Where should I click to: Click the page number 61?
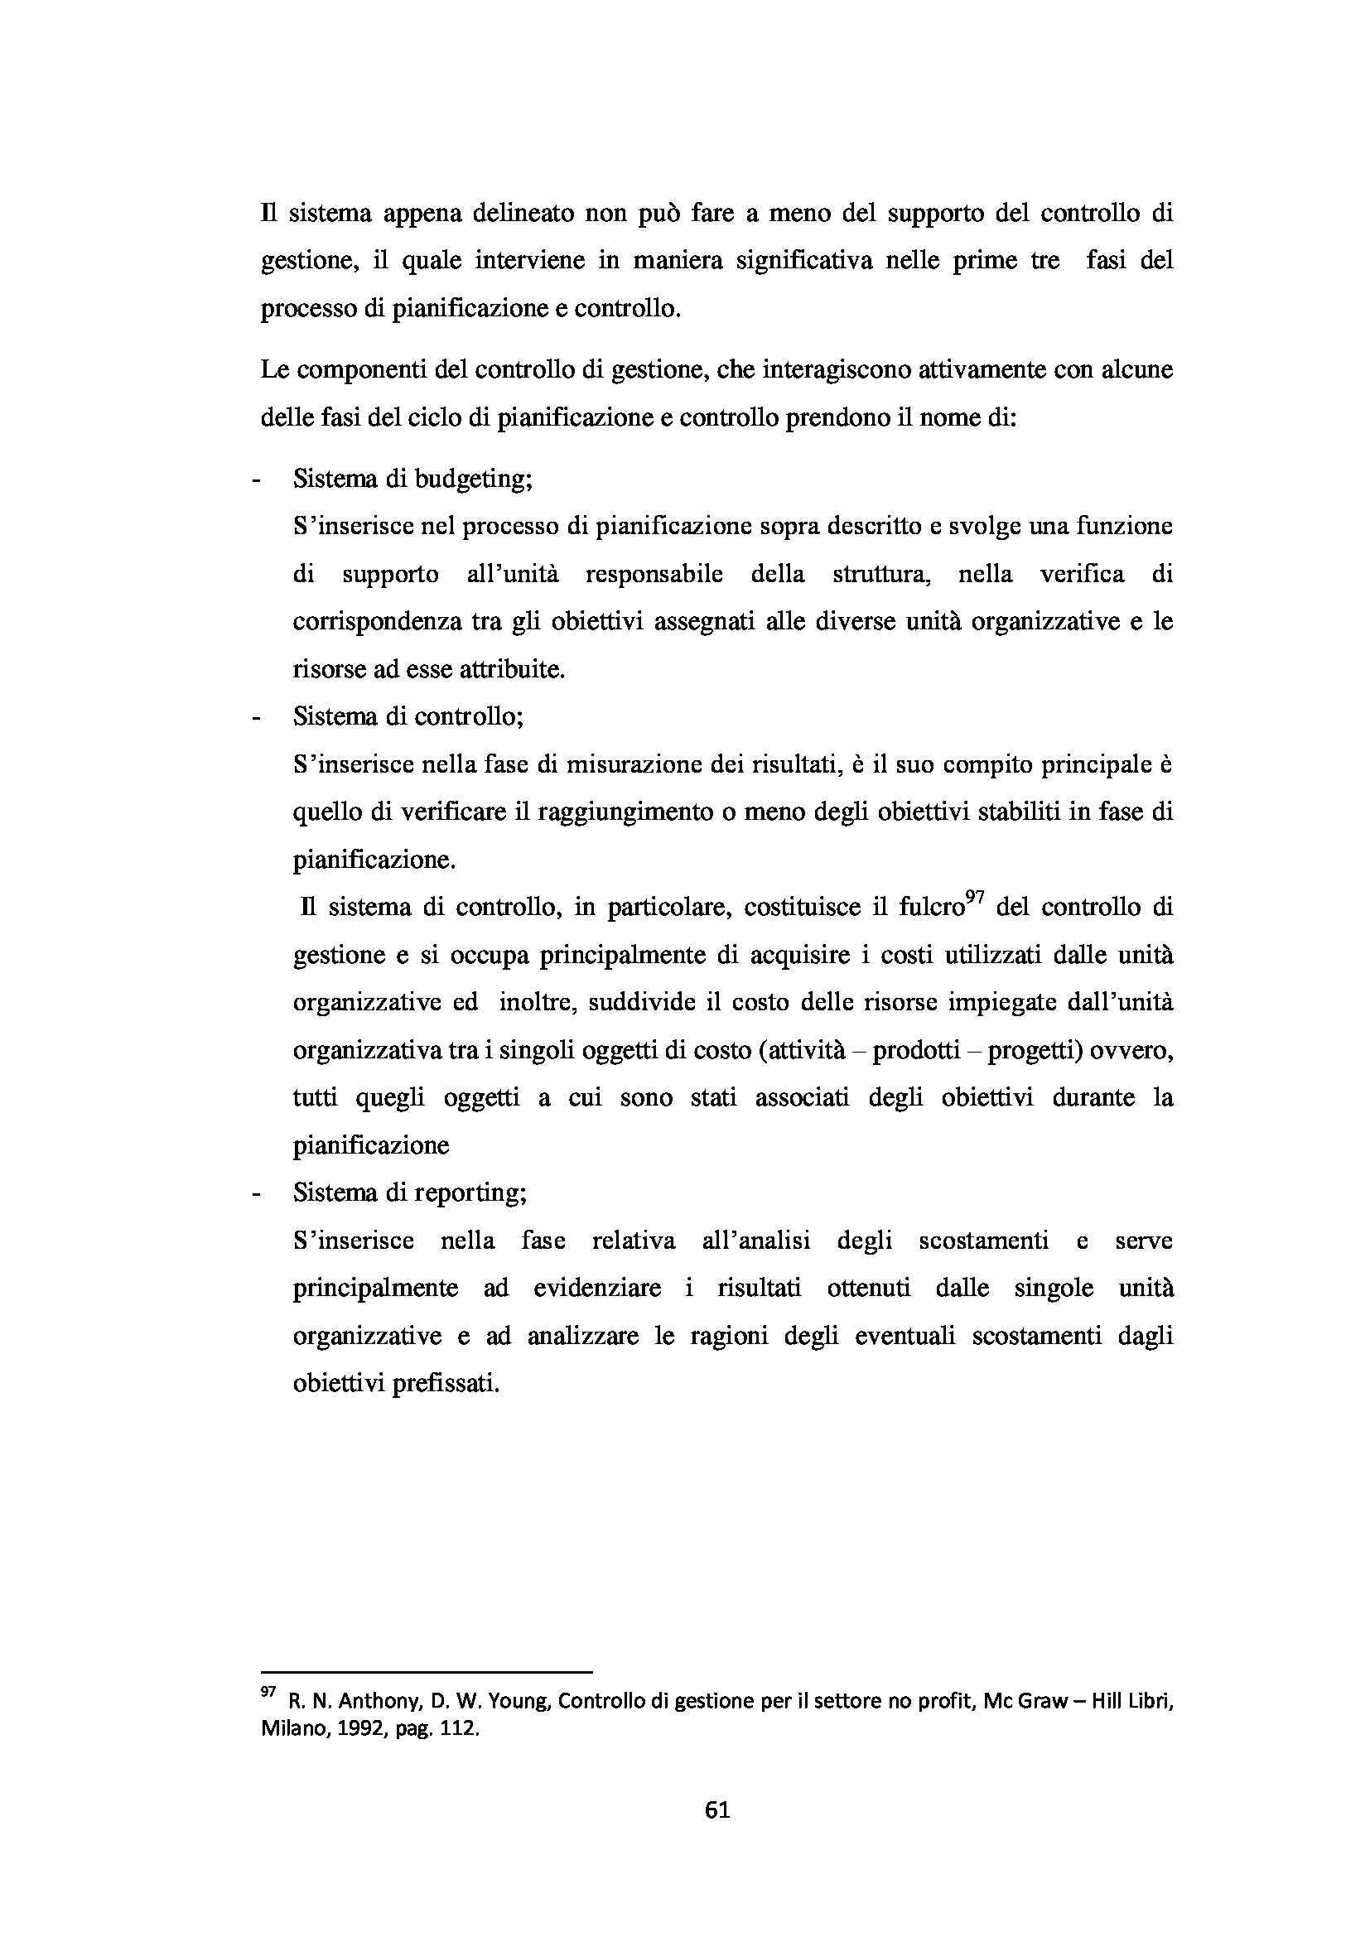(x=717, y=1810)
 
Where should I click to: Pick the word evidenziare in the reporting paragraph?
(x=597, y=1289)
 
